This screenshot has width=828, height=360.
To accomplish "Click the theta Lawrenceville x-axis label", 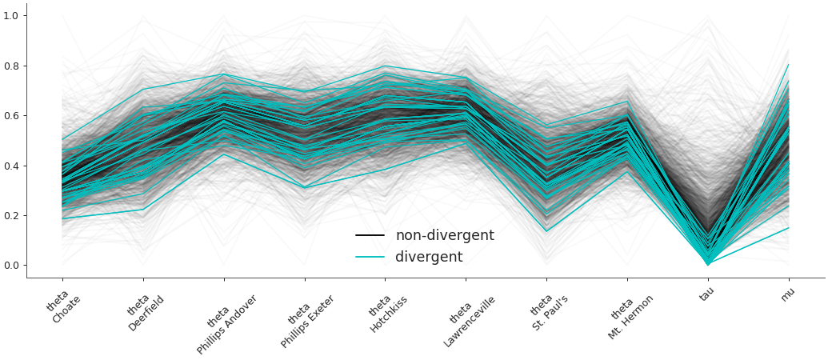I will tap(468, 318).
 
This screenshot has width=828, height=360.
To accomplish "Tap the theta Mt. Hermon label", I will tap(629, 313).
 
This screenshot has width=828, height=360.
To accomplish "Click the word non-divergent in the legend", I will tap(444, 236).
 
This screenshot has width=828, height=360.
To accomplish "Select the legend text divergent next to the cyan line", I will tap(429, 258).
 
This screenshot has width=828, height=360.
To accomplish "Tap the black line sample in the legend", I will tap(370, 236).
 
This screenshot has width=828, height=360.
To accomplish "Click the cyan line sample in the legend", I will tap(370, 258).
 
